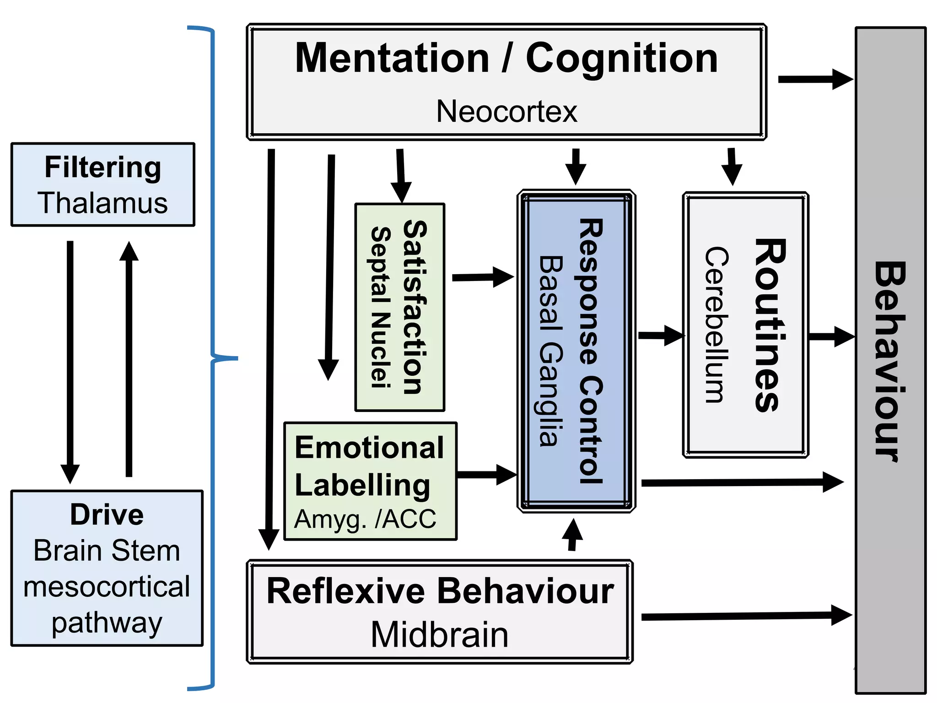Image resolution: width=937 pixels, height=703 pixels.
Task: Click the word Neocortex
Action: point(506,111)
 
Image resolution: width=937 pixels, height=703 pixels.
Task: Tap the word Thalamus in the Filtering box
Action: point(103,203)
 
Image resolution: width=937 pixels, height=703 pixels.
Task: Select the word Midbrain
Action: point(439,635)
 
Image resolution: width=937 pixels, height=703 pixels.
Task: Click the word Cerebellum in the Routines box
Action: point(716,325)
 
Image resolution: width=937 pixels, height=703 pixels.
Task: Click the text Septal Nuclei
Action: point(381,308)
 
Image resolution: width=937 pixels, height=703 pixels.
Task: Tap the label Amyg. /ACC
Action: point(365,519)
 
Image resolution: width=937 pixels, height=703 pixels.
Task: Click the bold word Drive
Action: point(107,514)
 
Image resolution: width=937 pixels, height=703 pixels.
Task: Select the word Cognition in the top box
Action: point(621,58)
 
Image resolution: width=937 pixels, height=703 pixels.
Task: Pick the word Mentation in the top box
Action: point(392,58)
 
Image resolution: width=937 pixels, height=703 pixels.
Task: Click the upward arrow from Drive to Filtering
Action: point(129,359)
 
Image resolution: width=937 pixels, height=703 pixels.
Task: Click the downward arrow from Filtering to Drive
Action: point(70,362)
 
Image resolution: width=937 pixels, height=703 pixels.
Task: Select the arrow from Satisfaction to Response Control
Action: point(483,277)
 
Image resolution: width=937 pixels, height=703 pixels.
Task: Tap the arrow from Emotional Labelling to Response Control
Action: point(486,475)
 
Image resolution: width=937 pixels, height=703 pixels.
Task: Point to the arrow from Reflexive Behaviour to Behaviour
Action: point(746,616)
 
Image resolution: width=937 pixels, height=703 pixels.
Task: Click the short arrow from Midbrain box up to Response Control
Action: point(572,535)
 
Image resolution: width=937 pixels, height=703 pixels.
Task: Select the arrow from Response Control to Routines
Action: point(661,335)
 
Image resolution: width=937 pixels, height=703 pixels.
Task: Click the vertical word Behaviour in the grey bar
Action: point(889,362)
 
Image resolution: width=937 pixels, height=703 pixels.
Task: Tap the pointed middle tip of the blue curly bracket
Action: point(237,358)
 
